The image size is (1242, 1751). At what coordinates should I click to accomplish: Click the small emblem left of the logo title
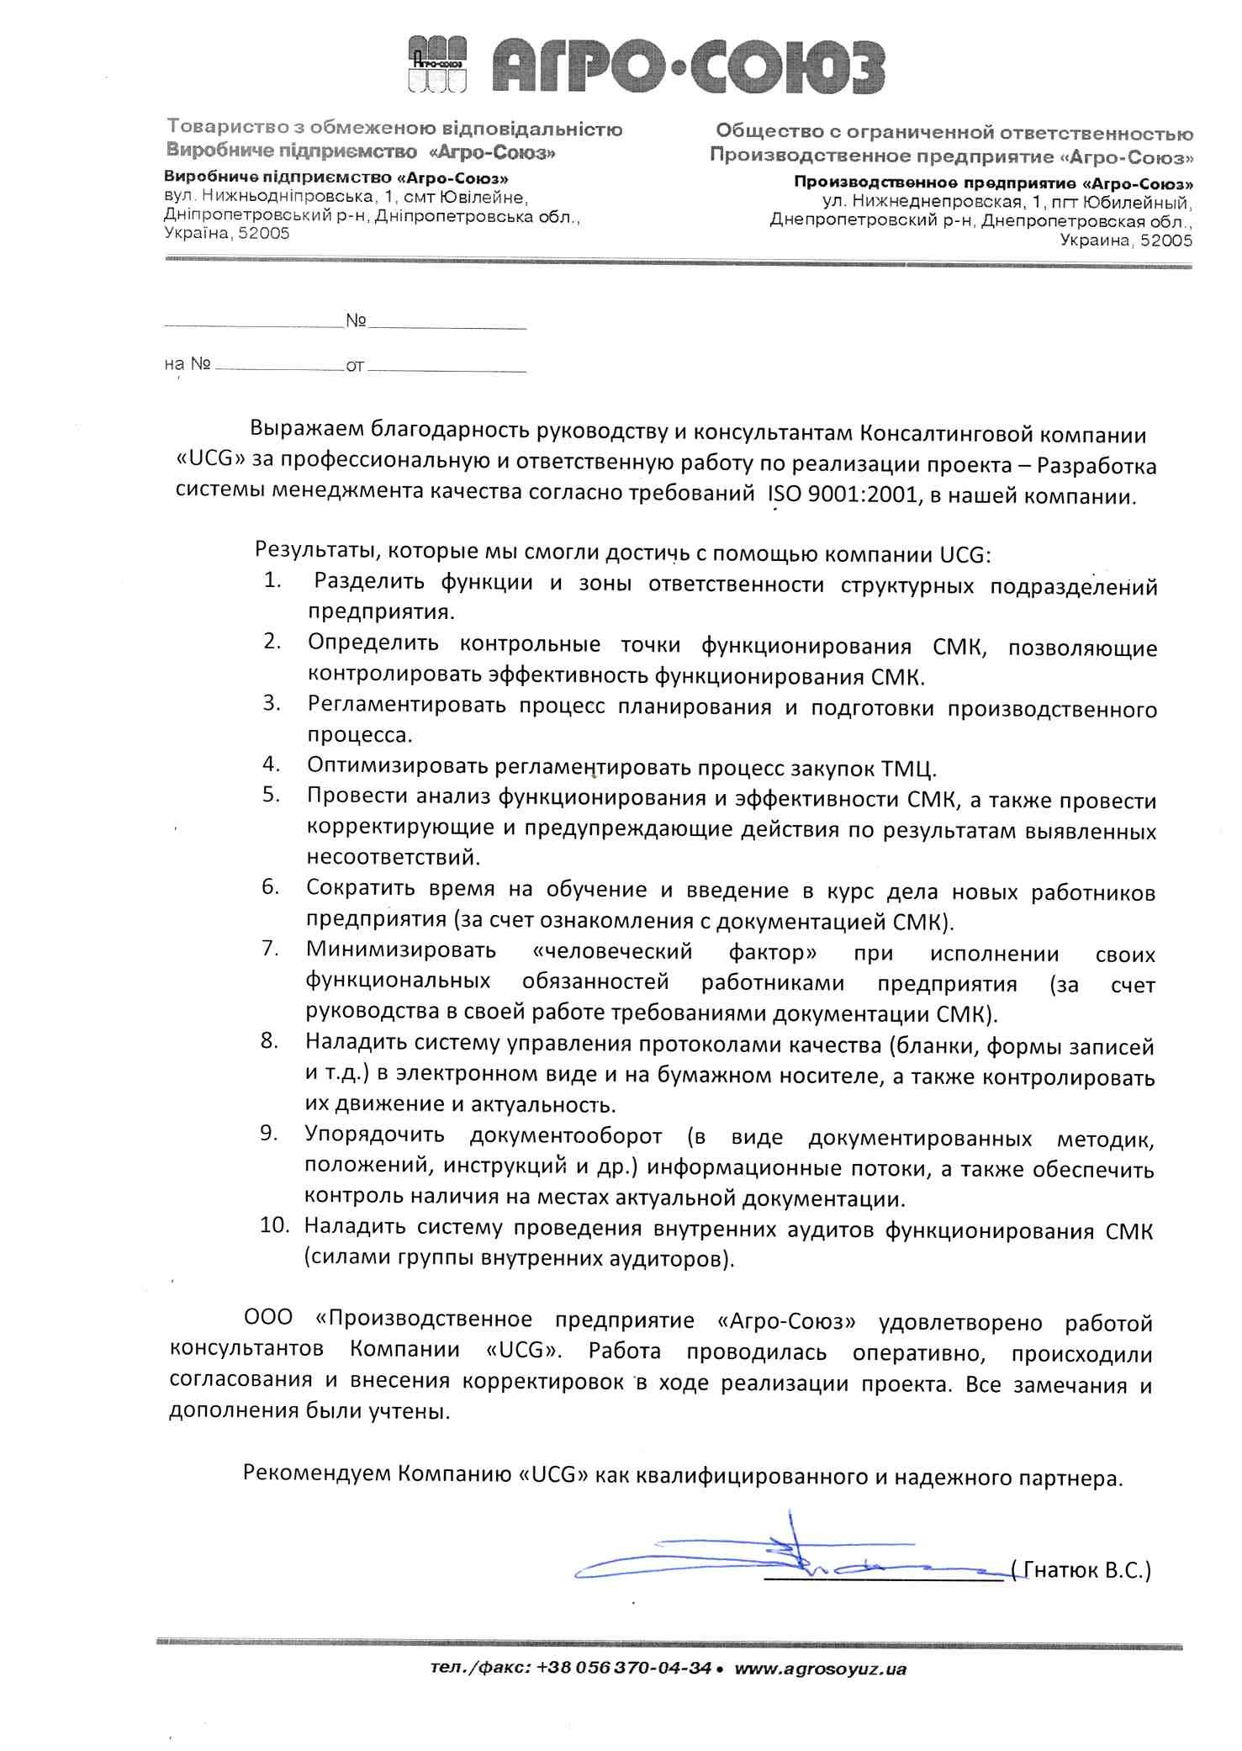(x=437, y=64)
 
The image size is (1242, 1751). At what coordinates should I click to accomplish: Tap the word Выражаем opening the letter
(x=305, y=429)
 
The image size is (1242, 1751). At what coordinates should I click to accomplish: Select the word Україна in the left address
(x=198, y=233)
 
